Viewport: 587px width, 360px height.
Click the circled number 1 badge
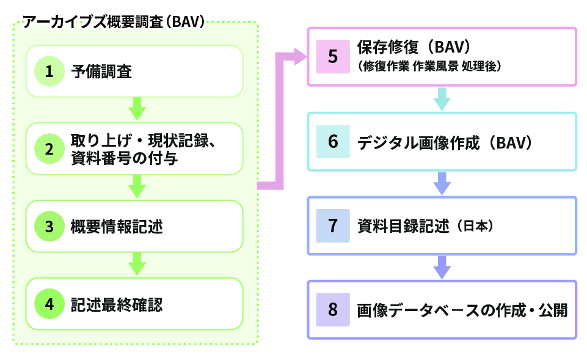click(49, 72)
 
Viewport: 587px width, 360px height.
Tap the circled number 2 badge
click(49, 149)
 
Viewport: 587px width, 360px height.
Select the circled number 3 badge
click(49, 227)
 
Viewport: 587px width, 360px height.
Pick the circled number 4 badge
click(49, 304)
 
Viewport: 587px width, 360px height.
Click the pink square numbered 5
click(332, 56)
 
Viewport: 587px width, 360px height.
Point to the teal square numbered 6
click(332, 142)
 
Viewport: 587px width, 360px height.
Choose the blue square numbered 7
click(332, 226)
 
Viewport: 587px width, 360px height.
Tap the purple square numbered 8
click(332, 309)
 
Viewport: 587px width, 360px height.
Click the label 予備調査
click(101, 72)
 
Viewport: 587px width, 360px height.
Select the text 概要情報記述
click(117, 227)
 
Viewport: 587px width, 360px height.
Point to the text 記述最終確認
click(117, 304)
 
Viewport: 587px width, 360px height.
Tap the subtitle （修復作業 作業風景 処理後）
click(431, 67)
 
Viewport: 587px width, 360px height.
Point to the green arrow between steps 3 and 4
click(137, 264)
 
